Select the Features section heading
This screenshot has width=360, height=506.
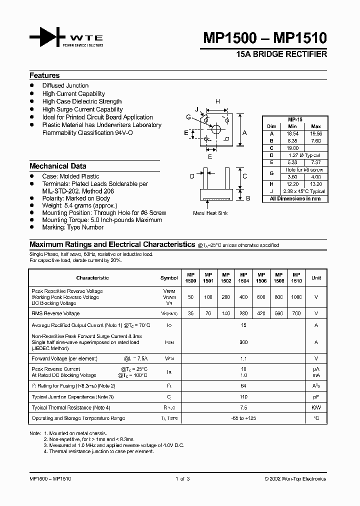(x=44, y=75)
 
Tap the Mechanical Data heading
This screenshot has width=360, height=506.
(x=57, y=166)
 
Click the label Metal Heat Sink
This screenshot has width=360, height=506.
(x=210, y=213)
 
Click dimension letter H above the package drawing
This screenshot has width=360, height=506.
(x=217, y=101)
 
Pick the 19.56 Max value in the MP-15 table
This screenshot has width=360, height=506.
(x=315, y=134)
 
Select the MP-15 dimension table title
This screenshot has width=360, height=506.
(x=295, y=119)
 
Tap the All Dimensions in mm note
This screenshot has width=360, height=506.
(x=295, y=198)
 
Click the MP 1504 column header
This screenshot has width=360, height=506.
(x=243, y=277)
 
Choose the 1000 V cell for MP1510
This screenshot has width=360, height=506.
(x=296, y=297)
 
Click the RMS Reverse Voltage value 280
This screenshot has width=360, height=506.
(x=243, y=313)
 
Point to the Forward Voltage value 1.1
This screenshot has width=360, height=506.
(x=243, y=358)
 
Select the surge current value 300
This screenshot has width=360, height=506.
(x=243, y=342)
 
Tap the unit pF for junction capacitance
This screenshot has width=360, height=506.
(x=316, y=396)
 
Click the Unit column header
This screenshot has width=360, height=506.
(x=316, y=277)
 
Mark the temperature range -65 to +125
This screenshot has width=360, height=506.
(x=243, y=418)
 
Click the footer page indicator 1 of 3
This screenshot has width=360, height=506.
(x=182, y=478)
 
